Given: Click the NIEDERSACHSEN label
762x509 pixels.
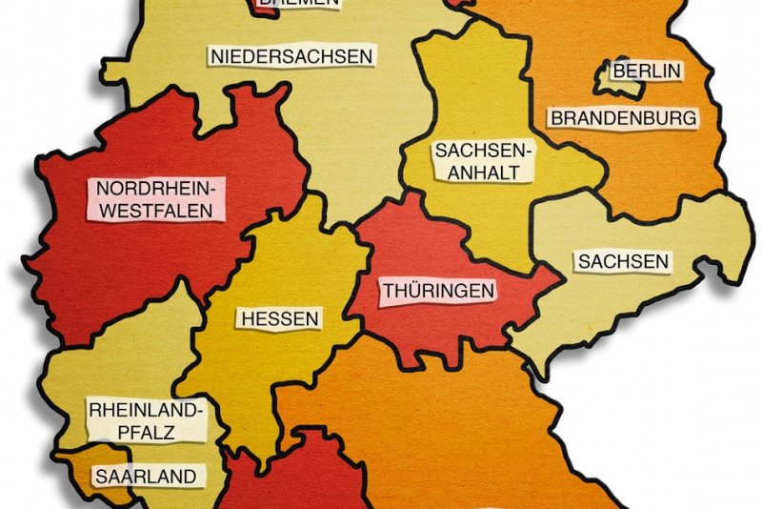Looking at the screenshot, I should tap(291, 56).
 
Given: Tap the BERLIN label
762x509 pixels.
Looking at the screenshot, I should tap(647, 71).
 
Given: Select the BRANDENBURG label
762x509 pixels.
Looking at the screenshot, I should tap(624, 119).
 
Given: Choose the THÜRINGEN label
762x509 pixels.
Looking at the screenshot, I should tap(439, 290).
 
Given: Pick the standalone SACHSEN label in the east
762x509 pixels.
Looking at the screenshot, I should tap(623, 261).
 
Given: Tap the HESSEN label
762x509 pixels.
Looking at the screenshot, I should tap(280, 318).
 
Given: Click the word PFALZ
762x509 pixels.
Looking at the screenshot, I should tap(147, 432).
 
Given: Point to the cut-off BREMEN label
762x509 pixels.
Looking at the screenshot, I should tap(298, 3).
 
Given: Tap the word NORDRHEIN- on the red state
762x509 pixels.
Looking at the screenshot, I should tap(161, 187).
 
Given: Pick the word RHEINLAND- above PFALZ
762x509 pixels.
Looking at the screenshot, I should tap(147, 411).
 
